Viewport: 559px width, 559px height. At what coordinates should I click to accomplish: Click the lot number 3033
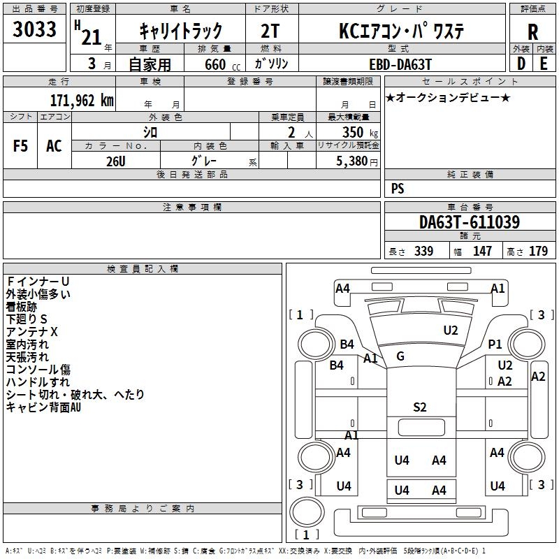click(x=34, y=29)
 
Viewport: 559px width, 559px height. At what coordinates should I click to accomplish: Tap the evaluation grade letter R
click(x=532, y=32)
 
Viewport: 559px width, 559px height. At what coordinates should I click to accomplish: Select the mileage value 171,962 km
click(x=82, y=101)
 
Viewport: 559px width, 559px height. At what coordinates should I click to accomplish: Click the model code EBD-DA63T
click(x=400, y=64)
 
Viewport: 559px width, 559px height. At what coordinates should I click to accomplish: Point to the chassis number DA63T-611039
click(x=470, y=222)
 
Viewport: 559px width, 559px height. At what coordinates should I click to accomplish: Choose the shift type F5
click(x=20, y=146)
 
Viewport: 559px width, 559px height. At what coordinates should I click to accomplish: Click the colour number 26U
click(x=116, y=161)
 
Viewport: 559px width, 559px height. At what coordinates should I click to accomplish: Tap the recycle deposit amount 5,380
click(x=352, y=161)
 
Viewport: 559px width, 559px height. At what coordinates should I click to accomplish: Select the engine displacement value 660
click(x=215, y=64)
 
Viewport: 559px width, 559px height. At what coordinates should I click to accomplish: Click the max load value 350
click(x=353, y=132)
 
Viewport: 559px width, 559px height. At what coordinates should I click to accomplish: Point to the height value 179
click(x=538, y=251)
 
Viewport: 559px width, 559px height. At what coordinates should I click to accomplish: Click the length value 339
click(x=424, y=251)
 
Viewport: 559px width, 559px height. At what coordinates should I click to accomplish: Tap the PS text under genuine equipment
click(x=398, y=189)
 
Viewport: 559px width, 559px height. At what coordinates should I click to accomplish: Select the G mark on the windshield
click(x=400, y=356)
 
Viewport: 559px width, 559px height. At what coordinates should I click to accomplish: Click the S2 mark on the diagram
click(x=420, y=407)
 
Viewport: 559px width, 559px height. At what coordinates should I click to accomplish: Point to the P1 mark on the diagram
click(x=495, y=344)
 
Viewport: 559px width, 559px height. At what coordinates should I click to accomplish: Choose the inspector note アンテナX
click(x=31, y=332)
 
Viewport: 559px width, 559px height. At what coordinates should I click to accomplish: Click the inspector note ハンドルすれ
click(x=38, y=382)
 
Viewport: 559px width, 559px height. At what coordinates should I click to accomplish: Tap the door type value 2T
click(x=270, y=31)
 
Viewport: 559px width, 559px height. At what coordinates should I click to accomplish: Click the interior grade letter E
click(x=544, y=64)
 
